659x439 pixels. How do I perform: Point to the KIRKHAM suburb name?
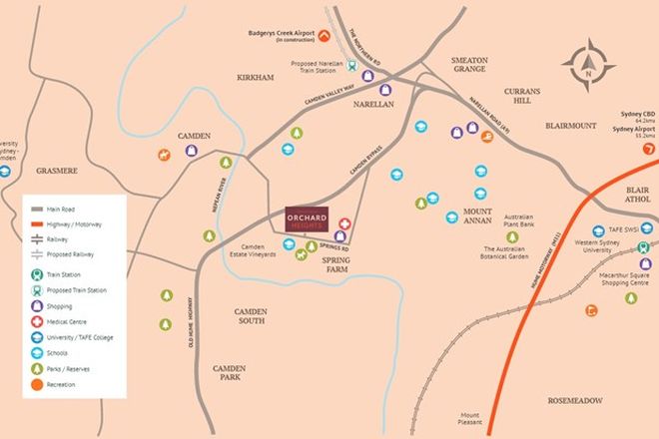[256, 77]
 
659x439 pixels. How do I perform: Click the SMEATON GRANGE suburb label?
[469, 66]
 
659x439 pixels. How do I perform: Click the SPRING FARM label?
[338, 263]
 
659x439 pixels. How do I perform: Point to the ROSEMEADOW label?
[574, 400]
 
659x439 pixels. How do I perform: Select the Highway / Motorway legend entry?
[70, 224]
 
